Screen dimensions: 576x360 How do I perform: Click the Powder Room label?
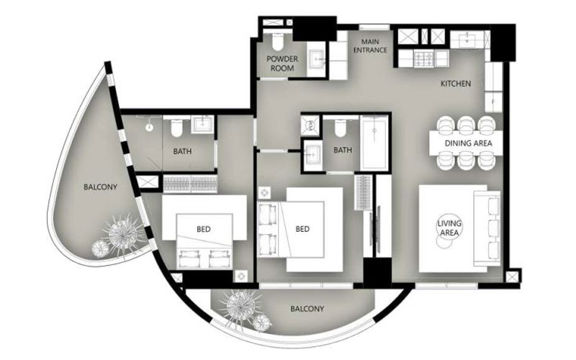(282, 63)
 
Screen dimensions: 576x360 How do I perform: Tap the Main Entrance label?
(370, 46)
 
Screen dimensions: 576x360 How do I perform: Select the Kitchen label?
(456, 84)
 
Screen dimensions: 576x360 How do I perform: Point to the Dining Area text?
(469, 143)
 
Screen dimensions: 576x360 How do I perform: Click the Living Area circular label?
(449, 228)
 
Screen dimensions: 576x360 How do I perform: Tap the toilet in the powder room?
(277, 42)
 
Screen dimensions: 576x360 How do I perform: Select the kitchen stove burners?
(424, 59)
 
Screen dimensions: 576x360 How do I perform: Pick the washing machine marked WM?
(310, 126)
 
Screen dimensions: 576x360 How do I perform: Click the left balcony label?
(100, 187)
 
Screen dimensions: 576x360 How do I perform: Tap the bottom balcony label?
(307, 309)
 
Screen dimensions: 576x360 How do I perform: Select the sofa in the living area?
(487, 228)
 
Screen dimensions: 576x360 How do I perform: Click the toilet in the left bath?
(176, 127)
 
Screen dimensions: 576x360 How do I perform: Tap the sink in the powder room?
(315, 59)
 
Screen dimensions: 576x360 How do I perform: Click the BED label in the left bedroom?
(204, 230)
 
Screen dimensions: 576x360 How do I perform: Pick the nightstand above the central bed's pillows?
(264, 193)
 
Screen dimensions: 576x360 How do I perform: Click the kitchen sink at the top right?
(467, 40)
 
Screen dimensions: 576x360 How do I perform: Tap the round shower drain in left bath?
(149, 128)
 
